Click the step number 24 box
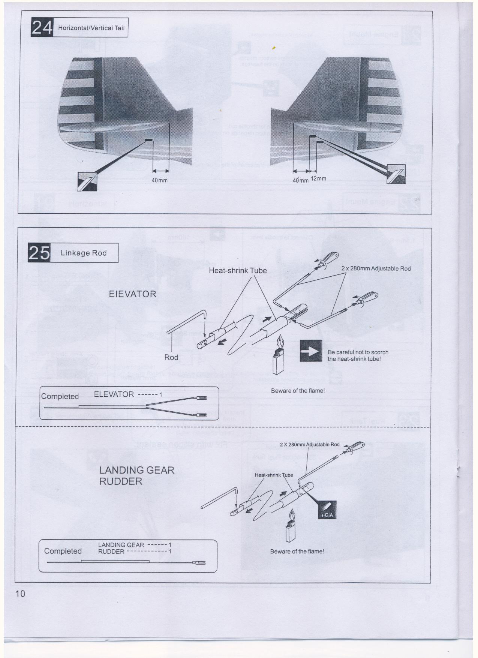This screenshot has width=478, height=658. coord(42,27)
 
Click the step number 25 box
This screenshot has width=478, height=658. coord(39,253)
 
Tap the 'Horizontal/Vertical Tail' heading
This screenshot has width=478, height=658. coord(91,28)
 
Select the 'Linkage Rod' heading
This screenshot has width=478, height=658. coord(84,253)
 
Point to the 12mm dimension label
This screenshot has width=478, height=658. coord(318,179)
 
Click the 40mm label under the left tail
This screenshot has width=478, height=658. coord(159,180)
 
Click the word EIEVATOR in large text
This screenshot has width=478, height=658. coord(132,294)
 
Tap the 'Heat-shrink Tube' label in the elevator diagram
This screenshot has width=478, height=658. coord(238,270)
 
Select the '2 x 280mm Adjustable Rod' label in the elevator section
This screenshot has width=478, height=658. coord(376,268)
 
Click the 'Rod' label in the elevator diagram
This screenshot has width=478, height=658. coord(171,357)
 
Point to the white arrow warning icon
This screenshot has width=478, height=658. coord(311,351)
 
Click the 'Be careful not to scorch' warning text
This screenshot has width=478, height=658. coord(358,355)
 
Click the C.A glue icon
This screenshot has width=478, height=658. coord(327,510)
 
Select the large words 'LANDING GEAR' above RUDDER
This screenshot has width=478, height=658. coord(136,470)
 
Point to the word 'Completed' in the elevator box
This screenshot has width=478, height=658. coord(60,396)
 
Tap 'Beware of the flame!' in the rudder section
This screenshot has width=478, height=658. coord(297,551)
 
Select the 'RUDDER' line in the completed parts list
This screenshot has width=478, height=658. coord(111,552)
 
